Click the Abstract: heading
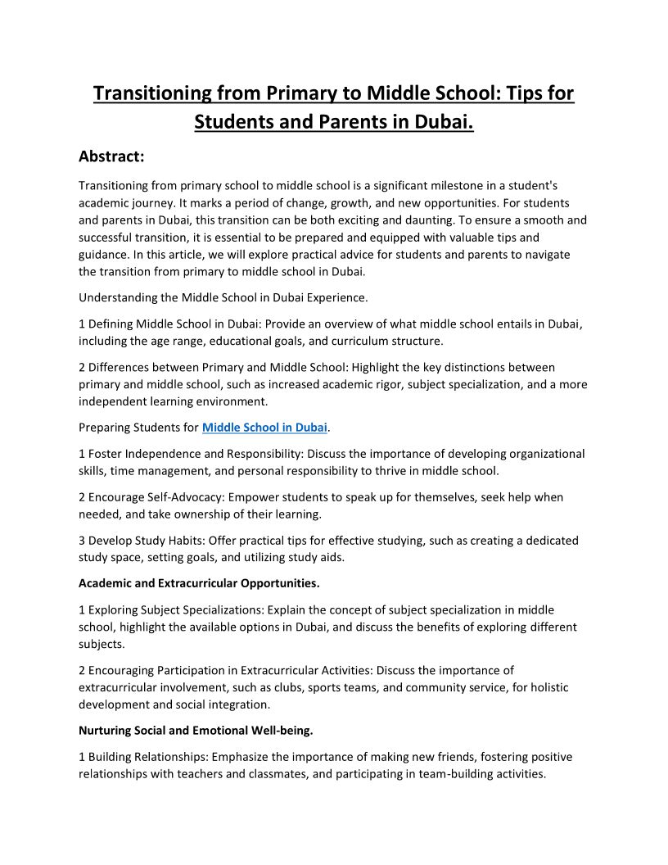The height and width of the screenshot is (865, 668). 111,156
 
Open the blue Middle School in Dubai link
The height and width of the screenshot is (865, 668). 264,428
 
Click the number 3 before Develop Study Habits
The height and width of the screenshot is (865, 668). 82,541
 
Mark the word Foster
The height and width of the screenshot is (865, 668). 106,454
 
